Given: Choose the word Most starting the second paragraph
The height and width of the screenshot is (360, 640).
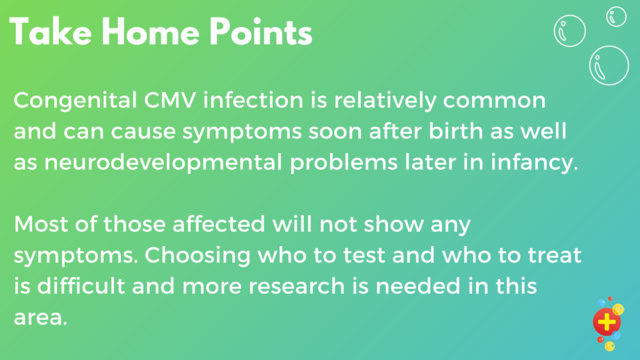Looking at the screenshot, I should click(x=41, y=224).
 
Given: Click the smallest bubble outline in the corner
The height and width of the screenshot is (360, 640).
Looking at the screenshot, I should click(x=617, y=16).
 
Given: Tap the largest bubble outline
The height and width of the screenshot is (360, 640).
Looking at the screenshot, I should click(x=609, y=64).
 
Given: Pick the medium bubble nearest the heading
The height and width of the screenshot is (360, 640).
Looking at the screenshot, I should click(x=569, y=30).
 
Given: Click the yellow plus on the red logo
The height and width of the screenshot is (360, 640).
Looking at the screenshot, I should click(x=606, y=322).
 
